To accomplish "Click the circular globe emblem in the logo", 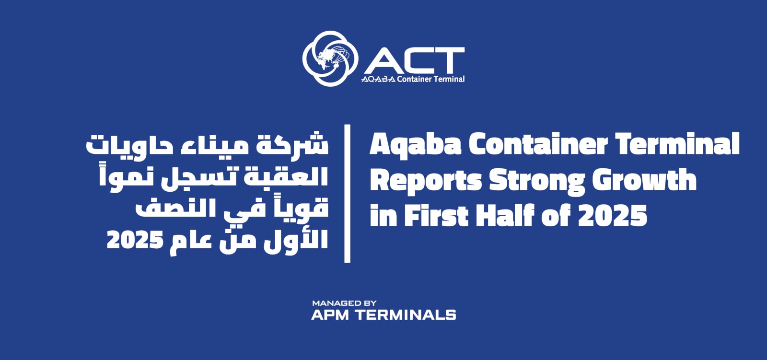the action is tap(330, 58).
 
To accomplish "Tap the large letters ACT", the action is tap(414, 60).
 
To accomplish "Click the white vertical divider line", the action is tap(347, 194).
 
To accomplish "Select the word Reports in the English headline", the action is tap(426, 181).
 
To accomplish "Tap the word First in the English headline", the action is tap(436, 215).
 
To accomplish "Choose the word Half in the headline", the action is tap(505, 215).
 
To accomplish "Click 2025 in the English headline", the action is tap(613, 215).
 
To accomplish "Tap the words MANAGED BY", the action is tap(344, 303).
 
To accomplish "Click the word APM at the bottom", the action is tap(330, 315).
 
